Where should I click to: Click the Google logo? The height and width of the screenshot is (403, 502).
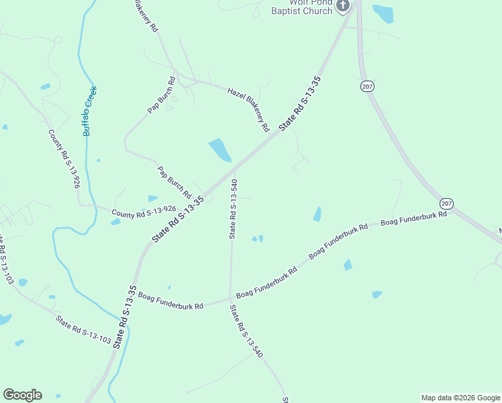click(22, 395)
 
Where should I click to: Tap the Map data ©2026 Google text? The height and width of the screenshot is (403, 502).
click(460, 398)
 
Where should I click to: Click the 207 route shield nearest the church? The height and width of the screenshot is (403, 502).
click(367, 87)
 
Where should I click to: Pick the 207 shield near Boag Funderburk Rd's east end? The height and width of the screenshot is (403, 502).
click(447, 203)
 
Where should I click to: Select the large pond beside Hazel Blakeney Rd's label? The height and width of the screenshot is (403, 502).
click(219, 150)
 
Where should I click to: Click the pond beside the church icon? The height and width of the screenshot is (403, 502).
click(383, 13)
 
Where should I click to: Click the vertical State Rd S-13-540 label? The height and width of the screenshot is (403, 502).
click(233, 209)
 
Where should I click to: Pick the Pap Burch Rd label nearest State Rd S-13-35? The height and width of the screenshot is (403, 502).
click(174, 181)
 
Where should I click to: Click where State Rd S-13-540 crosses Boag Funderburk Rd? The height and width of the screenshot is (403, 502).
click(230, 297)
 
